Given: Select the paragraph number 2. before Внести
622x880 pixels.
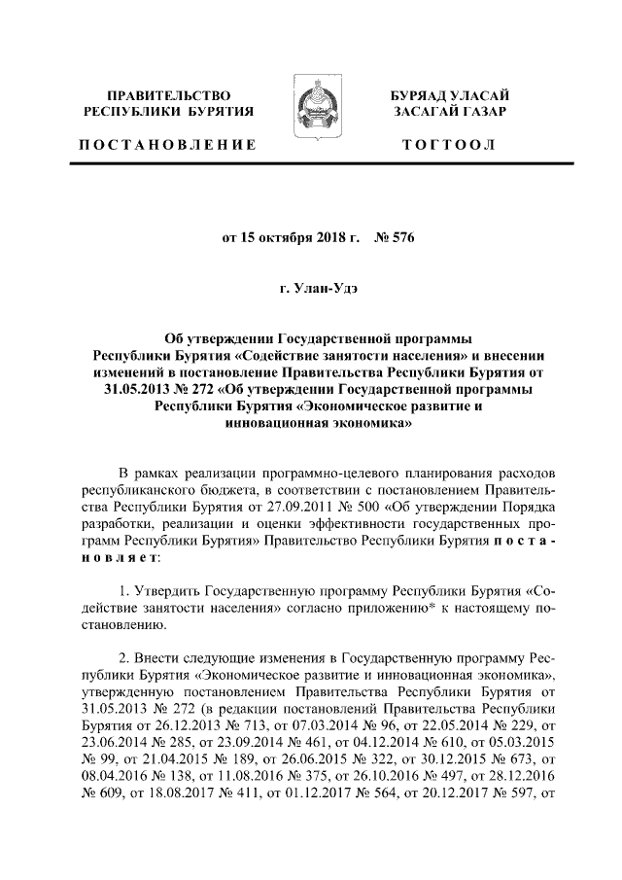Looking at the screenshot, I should click(x=122, y=660).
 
